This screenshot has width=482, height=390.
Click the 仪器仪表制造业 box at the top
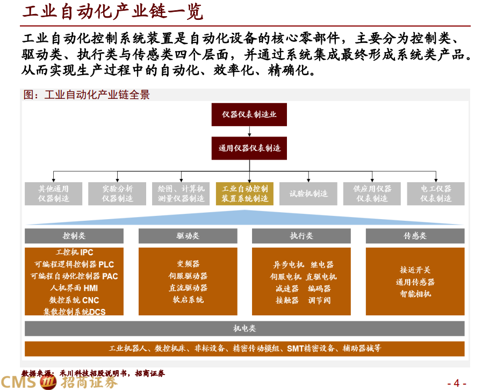point(249,114)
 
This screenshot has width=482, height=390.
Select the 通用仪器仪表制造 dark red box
point(249,148)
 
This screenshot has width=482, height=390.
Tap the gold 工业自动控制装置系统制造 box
point(245,193)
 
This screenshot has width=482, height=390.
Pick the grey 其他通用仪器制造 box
point(53,193)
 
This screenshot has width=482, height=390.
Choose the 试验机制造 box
point(308,193)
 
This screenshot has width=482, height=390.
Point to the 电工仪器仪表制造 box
point(436,193)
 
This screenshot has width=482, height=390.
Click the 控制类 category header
point(74,236)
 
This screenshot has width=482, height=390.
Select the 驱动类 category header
point(188,236)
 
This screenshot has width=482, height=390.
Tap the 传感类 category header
point(415,236)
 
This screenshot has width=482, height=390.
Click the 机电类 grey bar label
point(244,328)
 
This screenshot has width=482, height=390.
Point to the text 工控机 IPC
point(74,252)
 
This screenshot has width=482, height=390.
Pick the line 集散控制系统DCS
point(74,312)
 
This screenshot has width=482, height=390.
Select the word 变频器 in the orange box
point(188,264)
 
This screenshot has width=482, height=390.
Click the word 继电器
point(322,264)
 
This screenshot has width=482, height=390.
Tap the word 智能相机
point(415,294)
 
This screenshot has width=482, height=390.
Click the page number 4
point(456,383)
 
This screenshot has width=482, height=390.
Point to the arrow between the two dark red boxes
point(249,131)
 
